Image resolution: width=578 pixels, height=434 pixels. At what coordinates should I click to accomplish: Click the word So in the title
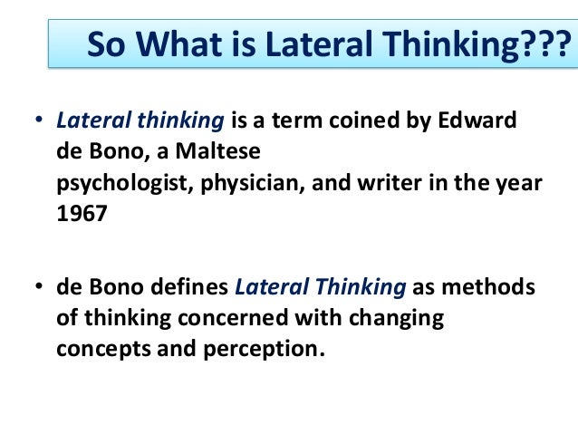(106, 43)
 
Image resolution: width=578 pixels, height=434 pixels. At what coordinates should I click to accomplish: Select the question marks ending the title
(547, 43)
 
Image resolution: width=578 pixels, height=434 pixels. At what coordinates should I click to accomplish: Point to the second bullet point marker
(39, 289)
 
